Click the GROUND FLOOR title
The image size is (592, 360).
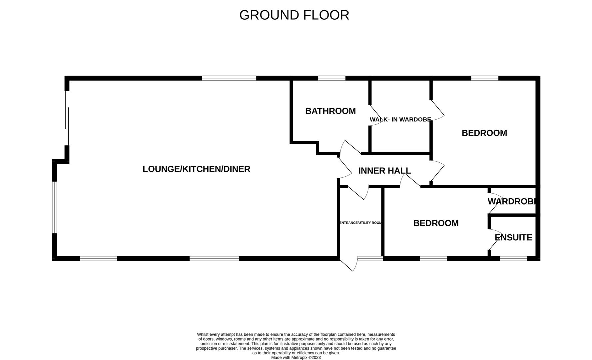point(294,15)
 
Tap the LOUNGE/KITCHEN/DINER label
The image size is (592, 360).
point(196,169)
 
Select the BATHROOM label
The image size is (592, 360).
point(330,111)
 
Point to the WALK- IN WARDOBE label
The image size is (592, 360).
point(400,119)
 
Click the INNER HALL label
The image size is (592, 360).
point(384,171)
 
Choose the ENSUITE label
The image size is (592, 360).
point(513,238)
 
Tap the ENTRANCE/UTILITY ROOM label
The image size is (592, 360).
point(360,223)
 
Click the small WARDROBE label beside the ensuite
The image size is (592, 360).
point(512,201)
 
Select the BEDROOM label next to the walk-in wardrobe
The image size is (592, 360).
point(484,133)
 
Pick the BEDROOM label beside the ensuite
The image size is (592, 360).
point(436,223)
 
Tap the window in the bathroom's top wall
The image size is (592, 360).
point(331,78)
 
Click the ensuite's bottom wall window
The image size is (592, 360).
point(513,258)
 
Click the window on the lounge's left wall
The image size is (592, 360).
point(55,207)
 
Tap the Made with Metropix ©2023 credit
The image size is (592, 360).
point(296,357)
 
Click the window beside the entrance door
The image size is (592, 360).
point(370,258)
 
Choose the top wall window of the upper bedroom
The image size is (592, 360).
point(484,78)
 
